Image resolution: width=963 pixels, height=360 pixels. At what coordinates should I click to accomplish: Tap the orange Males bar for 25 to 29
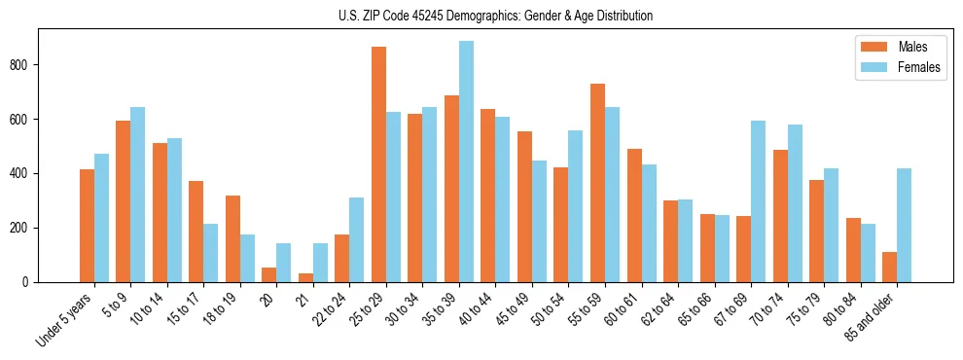pyautogui.click(x=378, y=164)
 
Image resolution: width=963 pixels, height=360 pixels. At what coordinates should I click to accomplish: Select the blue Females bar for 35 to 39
pyautogui.click(x=466, y=162)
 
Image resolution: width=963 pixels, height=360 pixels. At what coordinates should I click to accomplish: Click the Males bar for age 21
pyautogui.click(x=305, y=277)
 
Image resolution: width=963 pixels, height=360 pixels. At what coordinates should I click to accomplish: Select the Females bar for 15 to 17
pyautogui.click(x=211, y=253)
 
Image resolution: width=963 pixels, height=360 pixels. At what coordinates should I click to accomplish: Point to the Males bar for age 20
pyautogui.click(x=269, y=274)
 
